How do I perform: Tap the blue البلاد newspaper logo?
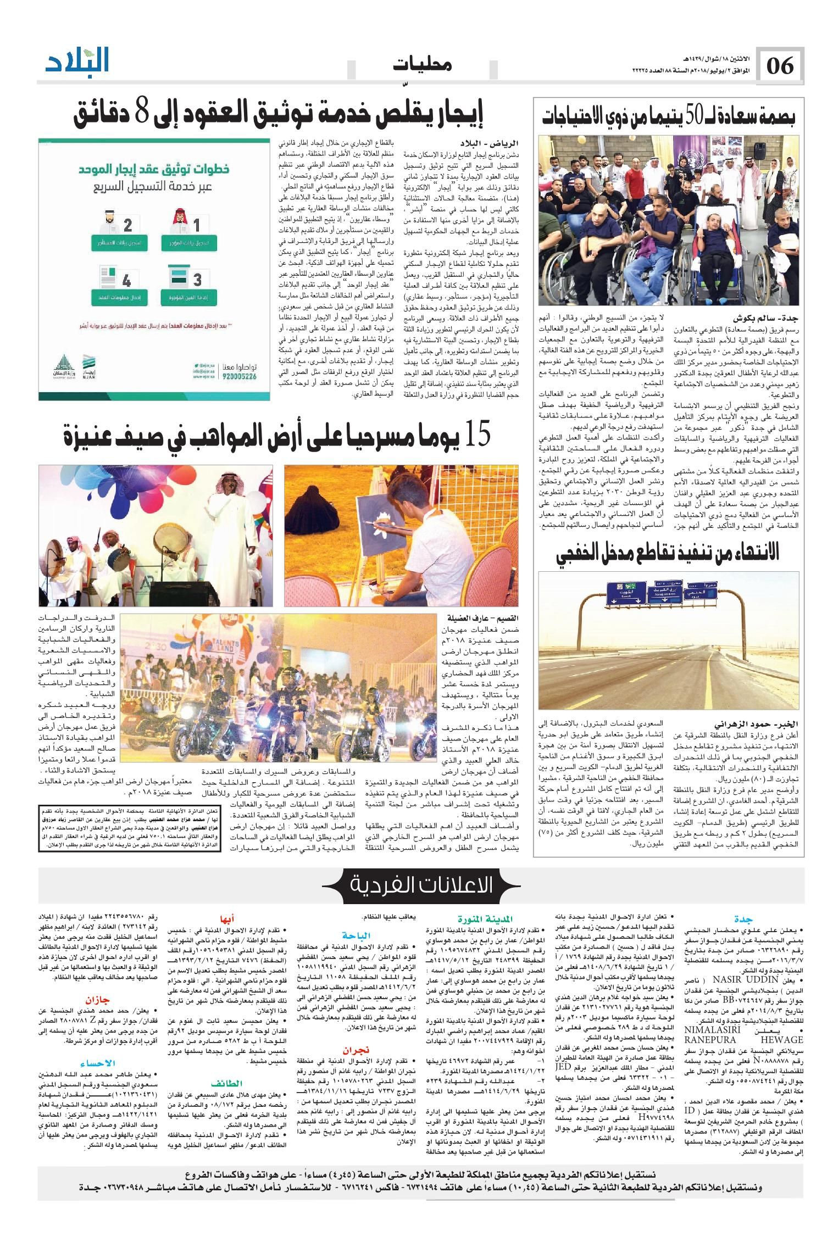click(77, 62)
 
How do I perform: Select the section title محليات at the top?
click(422, 65)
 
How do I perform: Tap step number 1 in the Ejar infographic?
click(196, 224)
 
